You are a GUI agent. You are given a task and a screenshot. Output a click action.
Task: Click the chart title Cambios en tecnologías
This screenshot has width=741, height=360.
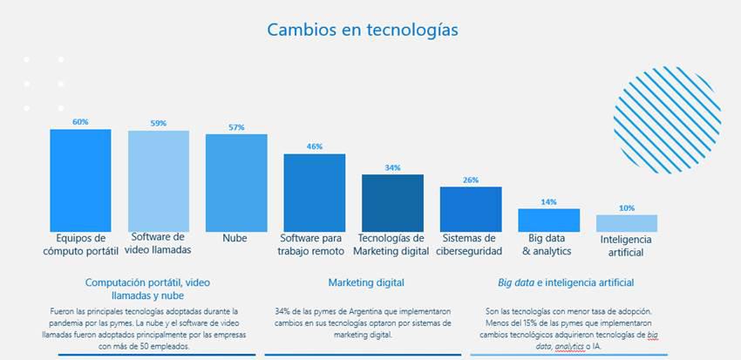point(362,30)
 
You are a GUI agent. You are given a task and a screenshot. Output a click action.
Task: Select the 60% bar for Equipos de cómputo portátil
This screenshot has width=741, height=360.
point(80,179)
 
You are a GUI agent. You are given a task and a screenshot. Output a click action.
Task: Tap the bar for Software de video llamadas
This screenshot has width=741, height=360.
point(158,180)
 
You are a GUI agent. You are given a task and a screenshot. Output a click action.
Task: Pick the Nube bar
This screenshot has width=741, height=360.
point(236,182)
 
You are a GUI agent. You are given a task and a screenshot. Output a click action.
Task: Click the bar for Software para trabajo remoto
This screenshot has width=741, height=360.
point(314,192)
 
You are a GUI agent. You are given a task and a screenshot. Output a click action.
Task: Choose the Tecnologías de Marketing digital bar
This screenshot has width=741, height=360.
point(392,202)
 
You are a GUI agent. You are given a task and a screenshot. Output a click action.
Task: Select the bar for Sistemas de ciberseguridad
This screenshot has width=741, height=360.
point(470,208)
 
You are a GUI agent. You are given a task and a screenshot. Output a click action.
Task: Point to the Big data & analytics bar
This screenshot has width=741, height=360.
point(548,220)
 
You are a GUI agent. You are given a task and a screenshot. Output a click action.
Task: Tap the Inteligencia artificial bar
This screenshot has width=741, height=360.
point(626,222)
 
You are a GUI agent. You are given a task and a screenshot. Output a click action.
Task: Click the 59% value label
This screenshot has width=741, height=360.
point(158,124)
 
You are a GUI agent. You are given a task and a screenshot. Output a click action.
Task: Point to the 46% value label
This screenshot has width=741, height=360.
point(314,146)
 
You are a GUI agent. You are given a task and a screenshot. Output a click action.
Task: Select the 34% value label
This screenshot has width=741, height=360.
point(392,167)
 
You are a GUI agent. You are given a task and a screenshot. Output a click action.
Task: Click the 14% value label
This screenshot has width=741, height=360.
point(548,202)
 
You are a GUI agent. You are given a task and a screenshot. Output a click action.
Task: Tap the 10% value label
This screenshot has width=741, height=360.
point(626,208)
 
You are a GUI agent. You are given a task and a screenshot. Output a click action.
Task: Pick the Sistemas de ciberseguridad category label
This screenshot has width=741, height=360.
point(471,244)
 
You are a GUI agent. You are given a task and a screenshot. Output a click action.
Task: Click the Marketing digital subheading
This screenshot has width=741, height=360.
point(366,283)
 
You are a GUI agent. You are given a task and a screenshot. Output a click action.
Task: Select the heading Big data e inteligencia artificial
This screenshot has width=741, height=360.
point(566,283)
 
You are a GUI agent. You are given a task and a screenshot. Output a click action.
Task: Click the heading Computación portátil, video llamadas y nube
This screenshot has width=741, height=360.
point(147,289)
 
